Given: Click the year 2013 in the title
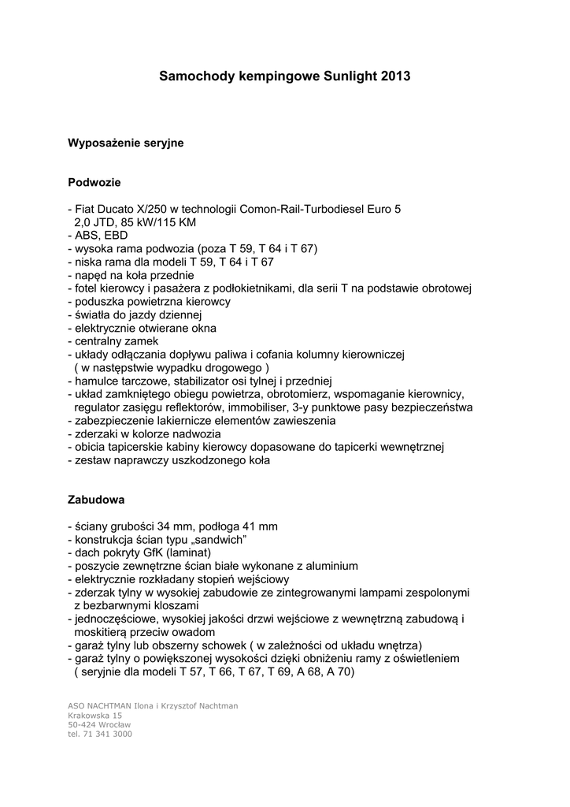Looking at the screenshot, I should (x=395, y=77).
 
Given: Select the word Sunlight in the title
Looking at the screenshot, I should (x=350, y=77).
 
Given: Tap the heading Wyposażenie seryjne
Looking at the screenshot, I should (x=126, y=143).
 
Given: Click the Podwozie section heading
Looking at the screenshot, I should (x=94, y=183).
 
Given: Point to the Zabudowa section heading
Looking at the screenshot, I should (x=96, y=500).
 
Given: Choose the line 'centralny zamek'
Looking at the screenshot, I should (x=113, y=341).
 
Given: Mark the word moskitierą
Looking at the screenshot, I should (x=103, y=632).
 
